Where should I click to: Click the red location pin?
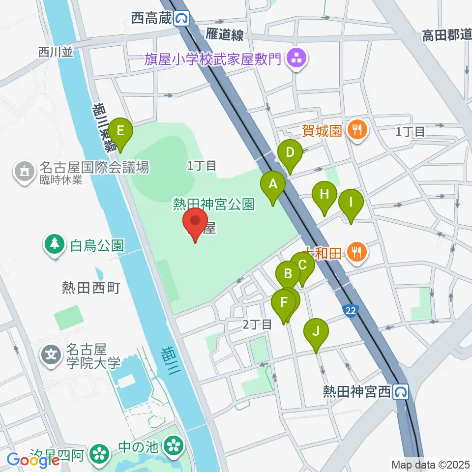click(195, 224)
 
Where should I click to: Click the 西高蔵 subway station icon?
click(183, 19)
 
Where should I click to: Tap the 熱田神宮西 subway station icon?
click(401, 391)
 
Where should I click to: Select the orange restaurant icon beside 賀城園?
click(356, 130)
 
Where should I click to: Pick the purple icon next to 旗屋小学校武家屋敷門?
click(296, 59)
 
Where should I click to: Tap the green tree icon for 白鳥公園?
click(55, 244)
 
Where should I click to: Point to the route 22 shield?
click(350, 309)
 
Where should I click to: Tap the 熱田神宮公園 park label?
click(213, 204)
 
